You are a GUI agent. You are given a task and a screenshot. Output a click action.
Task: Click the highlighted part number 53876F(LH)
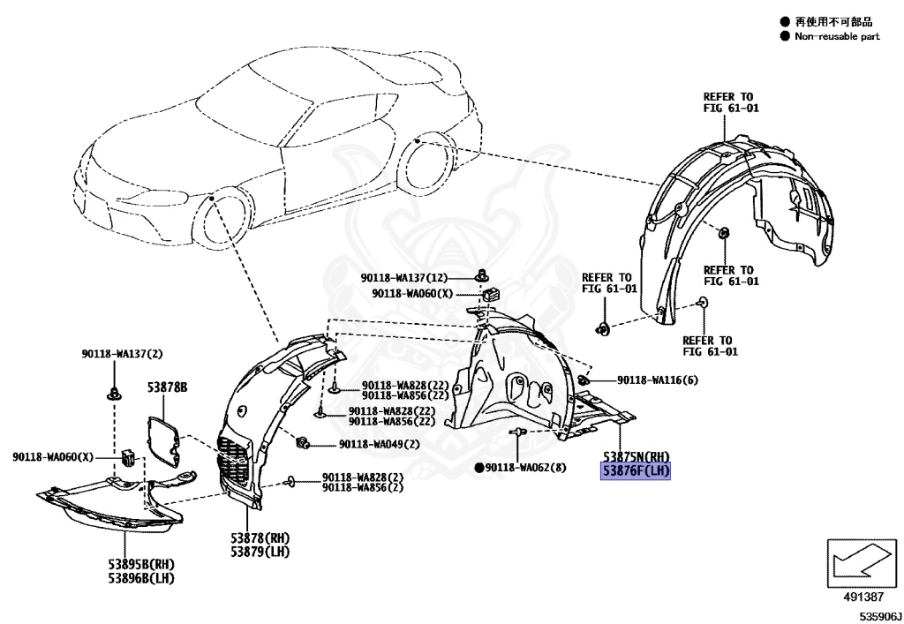637,472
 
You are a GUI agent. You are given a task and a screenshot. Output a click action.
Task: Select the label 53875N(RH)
637,457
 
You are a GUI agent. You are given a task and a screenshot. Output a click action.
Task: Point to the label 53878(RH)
260,538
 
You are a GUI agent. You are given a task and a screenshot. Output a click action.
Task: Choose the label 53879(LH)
260,552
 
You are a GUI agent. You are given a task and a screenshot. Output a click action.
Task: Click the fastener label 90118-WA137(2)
119,355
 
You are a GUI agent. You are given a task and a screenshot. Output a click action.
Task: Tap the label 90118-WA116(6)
658,380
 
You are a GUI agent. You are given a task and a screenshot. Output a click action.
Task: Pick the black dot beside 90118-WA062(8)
479,467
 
